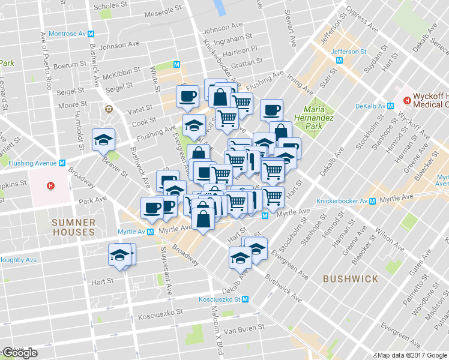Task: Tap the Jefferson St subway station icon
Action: (340, 61)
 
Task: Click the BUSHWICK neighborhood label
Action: (350, 279)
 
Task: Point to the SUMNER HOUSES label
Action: (73, 226)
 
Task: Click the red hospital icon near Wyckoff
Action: (407, 100)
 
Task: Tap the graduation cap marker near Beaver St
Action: (103, 140)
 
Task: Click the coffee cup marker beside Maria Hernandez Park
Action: (271, 110)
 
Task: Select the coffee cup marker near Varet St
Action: (187, 96)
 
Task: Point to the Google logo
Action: (20, 353)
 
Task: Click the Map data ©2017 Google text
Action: (412, 355)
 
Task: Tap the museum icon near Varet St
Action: (109, 109)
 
